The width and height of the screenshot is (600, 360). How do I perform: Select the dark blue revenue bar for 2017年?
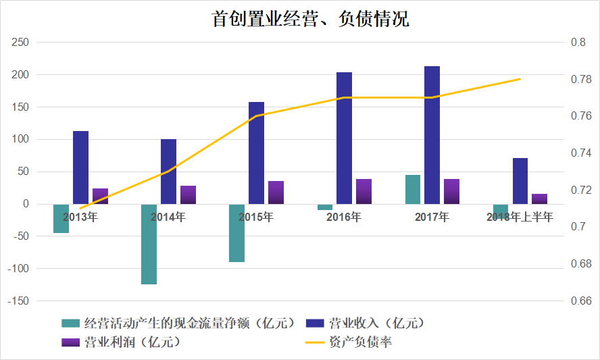coord(432,134)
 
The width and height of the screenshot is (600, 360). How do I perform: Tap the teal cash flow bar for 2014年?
coord(149,244)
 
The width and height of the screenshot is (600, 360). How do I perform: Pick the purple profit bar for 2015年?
coord(276,192)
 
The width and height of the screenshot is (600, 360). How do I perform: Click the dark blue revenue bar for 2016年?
coord(345,138)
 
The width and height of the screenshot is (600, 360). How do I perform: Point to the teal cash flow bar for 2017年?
coord(413,190)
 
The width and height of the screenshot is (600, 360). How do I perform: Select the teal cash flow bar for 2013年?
coord(61,218)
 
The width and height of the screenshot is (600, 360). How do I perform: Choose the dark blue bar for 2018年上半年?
coord(520,181)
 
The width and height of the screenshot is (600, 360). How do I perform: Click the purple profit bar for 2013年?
coord(101,196)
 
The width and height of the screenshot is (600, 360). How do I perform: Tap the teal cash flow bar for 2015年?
coord(236,233)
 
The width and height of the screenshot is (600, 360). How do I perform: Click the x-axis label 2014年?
coord(168,217)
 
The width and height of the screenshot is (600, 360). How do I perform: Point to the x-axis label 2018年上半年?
coord(520,217)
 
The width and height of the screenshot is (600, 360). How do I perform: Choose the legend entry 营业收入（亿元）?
coord(378,322)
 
